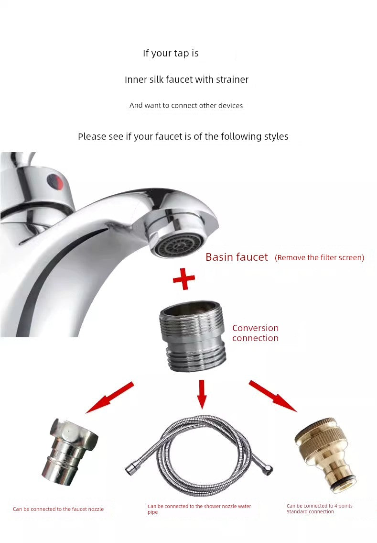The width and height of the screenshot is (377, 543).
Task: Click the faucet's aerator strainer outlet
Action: pos(177,244)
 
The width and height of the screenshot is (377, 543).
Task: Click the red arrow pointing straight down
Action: pos(202,393)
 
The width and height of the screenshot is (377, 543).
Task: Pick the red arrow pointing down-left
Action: pos(109,397)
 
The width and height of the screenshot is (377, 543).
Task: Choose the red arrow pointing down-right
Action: pos(272,396)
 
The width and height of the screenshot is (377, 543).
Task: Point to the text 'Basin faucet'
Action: pos(237,257)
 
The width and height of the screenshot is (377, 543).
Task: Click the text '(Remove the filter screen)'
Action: pos(319,258)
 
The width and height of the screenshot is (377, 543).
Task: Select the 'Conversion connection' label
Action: pos(255,333)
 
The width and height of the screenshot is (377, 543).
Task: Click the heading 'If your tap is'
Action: pos(171,53)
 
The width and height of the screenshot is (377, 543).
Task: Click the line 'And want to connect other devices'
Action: pos(186,105)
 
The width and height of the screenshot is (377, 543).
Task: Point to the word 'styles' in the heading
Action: pos(276,136)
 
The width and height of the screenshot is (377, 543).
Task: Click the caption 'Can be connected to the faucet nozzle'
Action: pos(58,509)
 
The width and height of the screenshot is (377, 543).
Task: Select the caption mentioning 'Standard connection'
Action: pos(319,509)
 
